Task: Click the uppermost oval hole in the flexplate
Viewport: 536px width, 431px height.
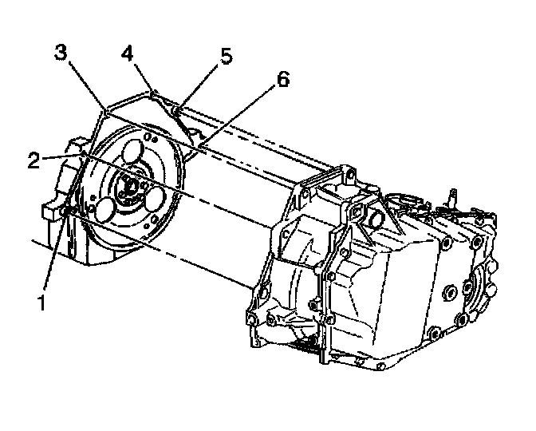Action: click(x=129, y=152)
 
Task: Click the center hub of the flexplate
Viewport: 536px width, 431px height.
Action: click(x=128, y=188)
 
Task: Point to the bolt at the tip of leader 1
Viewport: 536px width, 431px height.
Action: click(x=67, y=211)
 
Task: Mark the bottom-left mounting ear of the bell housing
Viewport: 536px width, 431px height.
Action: click(x=255, y=320)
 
